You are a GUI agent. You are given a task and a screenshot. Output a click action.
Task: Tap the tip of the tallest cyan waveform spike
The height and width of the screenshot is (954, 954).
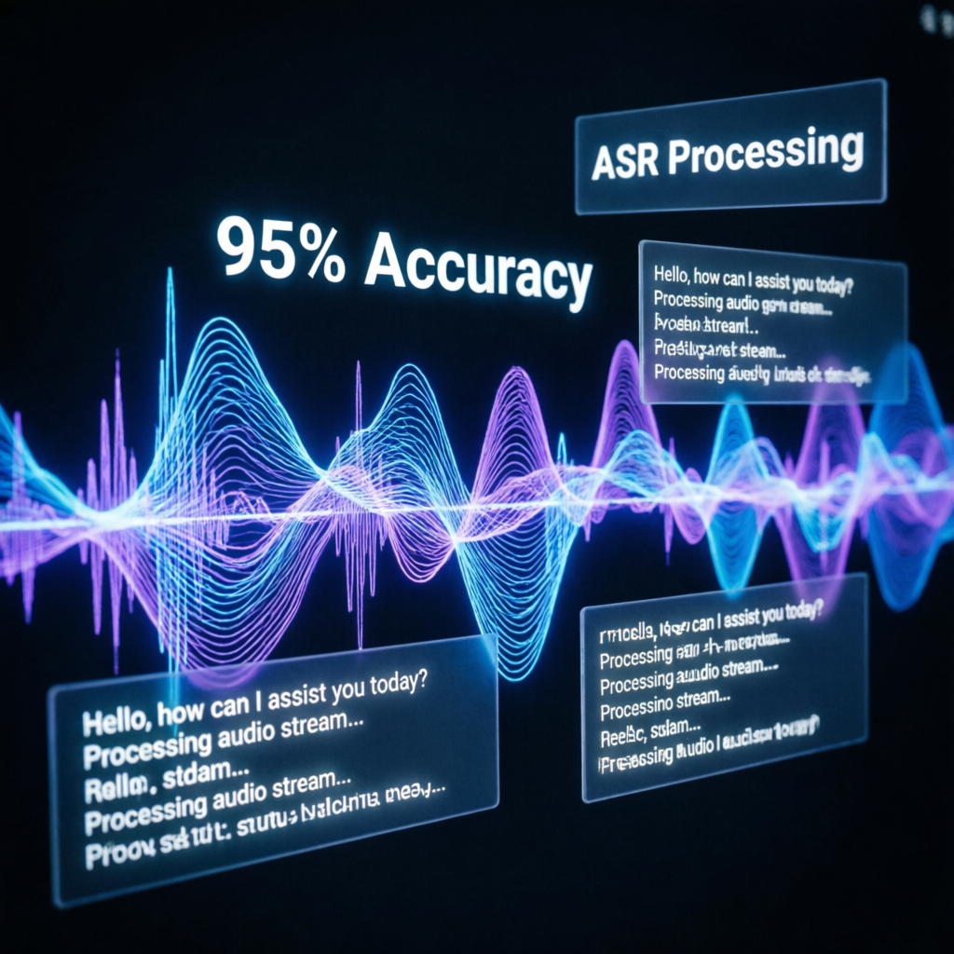(170, 272)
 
